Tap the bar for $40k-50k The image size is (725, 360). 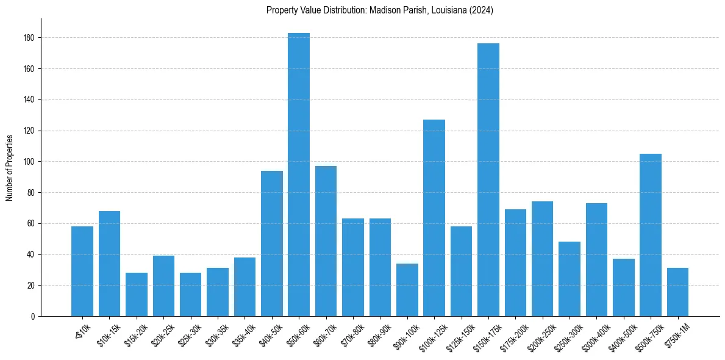(272, 243)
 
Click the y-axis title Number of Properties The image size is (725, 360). (9, 167)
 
